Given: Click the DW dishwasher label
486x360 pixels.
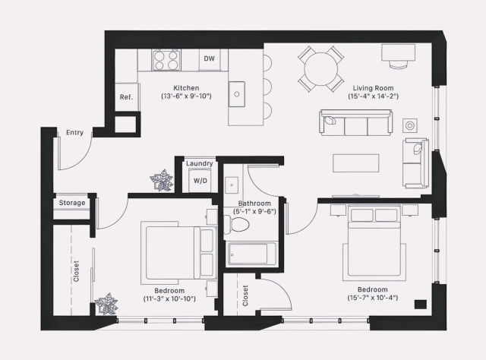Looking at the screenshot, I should pyautogui.click(x=210, y=59).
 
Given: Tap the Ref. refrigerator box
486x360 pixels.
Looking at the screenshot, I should pyautogui.click(x=126, y=97).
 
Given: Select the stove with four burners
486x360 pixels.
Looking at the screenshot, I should pyautogui.click(x=166, y=60).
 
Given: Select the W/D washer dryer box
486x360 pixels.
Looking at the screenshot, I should pyautogui.click(x=200, y=181).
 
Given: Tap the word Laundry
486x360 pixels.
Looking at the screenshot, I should pyautogui.click(x=200, y=163).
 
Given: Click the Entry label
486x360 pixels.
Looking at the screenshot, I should pyautogui.click(x=74, y=132).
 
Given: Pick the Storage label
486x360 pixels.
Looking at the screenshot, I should pyautogui.click(x=72, y=203).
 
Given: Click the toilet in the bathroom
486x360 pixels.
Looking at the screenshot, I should pyautogui.click(x=238, y=223).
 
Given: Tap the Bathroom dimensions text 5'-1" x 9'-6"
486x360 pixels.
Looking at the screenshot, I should pyautogui.click(x=256, y=212).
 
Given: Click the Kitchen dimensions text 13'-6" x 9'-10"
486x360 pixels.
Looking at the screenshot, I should pyautogui.click(x=186, y=96).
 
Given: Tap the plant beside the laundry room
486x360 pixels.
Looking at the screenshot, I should pyautogui.click(x=161, y=181).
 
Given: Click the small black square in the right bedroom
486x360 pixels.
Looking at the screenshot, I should pyautogui.click(x=420, y=305).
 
